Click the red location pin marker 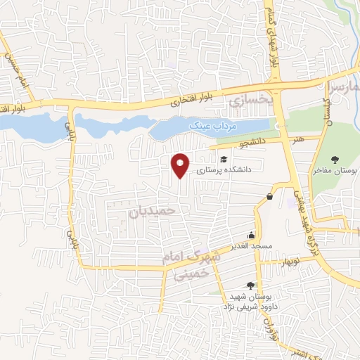[181, 165]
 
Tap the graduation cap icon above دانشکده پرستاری [224, 160]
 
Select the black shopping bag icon [269, 197]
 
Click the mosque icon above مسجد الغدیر [251, 236]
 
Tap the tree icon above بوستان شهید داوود [251, 285]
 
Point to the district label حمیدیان [155, 210]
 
